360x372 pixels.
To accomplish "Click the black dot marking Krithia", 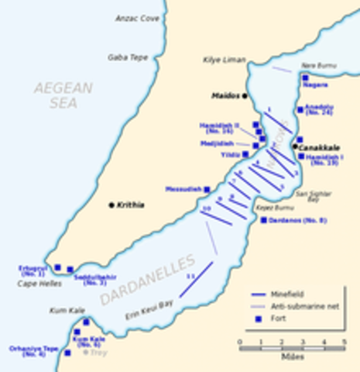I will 111,205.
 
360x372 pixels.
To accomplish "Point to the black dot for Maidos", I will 244,96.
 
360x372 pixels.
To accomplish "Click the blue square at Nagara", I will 305,78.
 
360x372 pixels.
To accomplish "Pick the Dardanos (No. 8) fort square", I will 263,220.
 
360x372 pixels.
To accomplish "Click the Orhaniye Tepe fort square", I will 67,353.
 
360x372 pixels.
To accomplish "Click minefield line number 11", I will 196,280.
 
